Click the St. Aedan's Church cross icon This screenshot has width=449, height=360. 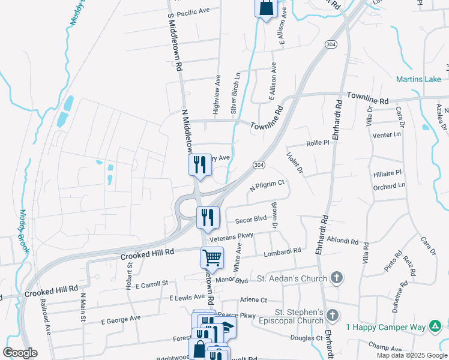(337, 278)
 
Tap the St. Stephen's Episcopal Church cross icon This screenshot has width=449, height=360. (334, 316)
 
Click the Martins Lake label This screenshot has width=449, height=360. (418, 79)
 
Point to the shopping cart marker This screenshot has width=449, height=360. (212, 257)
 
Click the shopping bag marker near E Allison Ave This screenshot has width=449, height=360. (265, 9)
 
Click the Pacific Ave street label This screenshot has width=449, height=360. (193, 11)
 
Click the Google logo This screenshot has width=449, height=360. (20, 352)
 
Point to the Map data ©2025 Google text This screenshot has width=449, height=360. (411, 355)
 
